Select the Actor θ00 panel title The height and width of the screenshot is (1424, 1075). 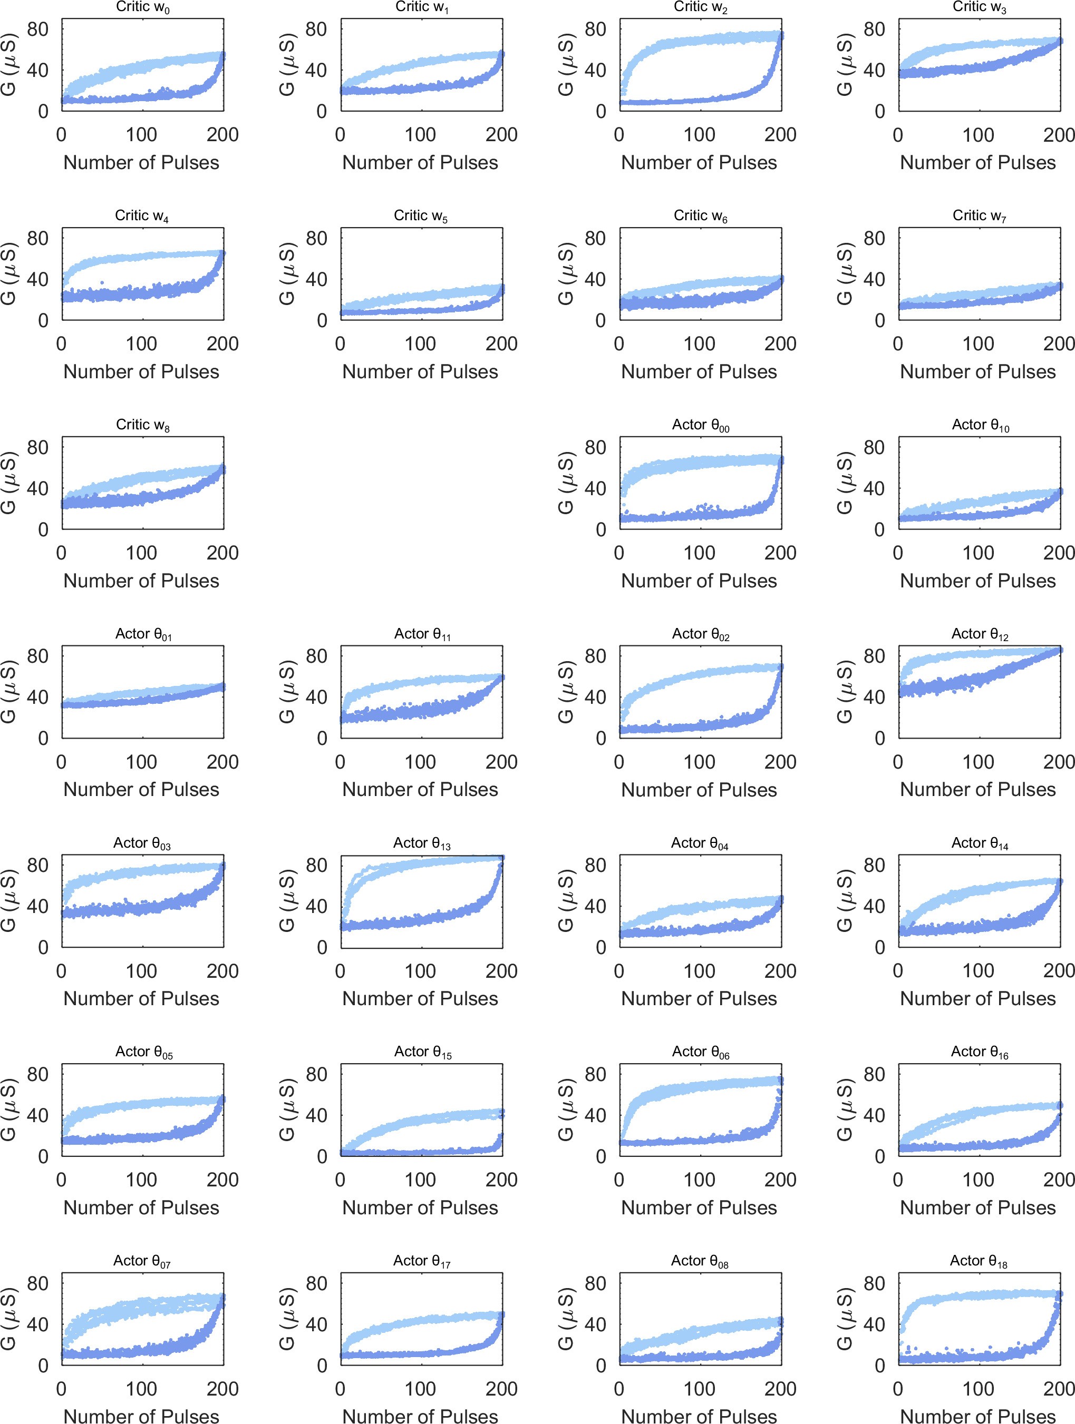click(700, 425)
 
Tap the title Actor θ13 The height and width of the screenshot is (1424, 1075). click(421, 843)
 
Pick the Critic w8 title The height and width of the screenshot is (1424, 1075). click(142, 425)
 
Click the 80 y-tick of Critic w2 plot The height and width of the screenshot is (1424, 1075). click(595, 29)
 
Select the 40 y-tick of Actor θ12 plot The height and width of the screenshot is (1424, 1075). click(874, 696)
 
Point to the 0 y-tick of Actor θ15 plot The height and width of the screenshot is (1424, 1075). click(322, 1157)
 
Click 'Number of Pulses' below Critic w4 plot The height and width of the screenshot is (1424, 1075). click(141, 371)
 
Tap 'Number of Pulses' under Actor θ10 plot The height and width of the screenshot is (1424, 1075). click(978, 581)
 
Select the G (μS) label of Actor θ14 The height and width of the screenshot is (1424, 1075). click(845, 901)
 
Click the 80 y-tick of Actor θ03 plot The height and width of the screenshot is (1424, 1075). click(37, 865)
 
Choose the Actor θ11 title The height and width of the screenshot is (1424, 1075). click(422, 634)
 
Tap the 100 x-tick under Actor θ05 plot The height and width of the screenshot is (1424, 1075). click(141, 1180)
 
